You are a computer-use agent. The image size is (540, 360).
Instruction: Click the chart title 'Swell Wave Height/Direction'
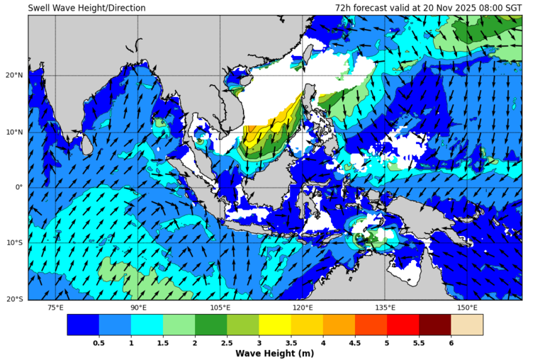coord(86,8)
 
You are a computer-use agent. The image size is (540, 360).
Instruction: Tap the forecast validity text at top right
coord(428,8)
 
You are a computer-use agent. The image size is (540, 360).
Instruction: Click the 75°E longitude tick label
coord(55,308)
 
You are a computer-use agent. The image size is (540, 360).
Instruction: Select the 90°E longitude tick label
coord(138,308)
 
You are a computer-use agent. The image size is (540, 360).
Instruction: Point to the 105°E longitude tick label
coord(220,308)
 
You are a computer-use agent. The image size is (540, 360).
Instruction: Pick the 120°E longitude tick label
coord(303,308)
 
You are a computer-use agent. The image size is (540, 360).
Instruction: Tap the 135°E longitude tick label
coord(385,308)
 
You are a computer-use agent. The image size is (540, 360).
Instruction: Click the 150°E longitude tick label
coord(467,308)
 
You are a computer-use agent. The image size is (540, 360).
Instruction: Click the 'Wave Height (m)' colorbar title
coord(275,354)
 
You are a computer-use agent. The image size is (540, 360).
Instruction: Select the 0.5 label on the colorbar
coord(99,343)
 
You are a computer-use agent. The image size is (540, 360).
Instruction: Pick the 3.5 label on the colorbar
coord(291,343)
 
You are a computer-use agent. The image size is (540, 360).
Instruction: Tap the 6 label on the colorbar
coord(451,343)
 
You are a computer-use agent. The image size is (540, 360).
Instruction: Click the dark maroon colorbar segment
coord(434,325)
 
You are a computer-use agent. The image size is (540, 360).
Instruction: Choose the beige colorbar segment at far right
coord(466,325)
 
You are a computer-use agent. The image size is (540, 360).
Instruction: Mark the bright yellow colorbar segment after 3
coord(275,325)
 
